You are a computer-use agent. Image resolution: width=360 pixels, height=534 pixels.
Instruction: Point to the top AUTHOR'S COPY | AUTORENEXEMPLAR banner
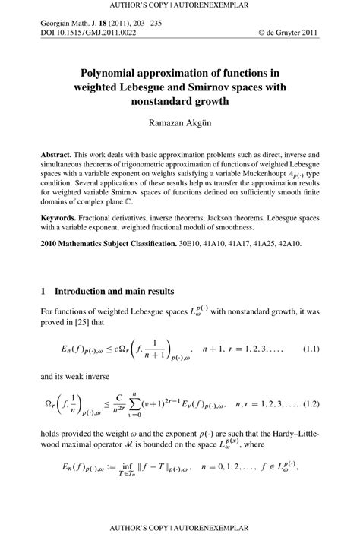click(x=180, y=5)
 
